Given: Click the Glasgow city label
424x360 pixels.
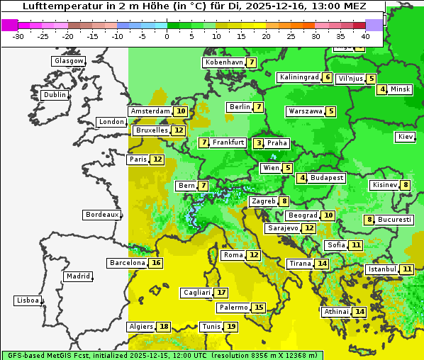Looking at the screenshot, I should (x=69, y=61).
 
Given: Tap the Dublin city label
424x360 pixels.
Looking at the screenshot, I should (x=55, y=95).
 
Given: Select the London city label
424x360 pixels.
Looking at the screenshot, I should (x=111, y=122).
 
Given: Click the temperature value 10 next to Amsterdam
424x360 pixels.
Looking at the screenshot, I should (x=182, y=111).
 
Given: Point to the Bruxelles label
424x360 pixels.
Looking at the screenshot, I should (x=151, y=130).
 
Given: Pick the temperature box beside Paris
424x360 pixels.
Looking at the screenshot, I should (x=157, y=159).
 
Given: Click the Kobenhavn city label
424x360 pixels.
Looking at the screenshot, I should (x=224, y=62).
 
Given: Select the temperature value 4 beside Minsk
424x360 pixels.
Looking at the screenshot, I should (x=382, y=89).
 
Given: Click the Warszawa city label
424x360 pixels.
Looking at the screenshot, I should (x=306, y=111).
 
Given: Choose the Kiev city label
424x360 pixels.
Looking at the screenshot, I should (x=406, y=137).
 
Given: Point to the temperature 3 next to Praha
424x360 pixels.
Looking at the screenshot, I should (x=259, y=143).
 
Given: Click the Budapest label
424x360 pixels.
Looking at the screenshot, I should (x=327, y=178).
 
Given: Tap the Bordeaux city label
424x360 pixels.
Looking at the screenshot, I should (x=102, y=215).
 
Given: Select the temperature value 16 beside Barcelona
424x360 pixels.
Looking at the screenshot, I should (x=157, y=263).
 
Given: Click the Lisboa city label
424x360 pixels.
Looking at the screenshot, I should (x=28, y=300).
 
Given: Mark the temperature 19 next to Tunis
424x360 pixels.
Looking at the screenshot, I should (x=231, y=327).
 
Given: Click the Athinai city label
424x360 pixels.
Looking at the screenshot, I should (x=336, y=312).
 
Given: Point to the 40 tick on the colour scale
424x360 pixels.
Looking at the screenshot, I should (x=365, y=36).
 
